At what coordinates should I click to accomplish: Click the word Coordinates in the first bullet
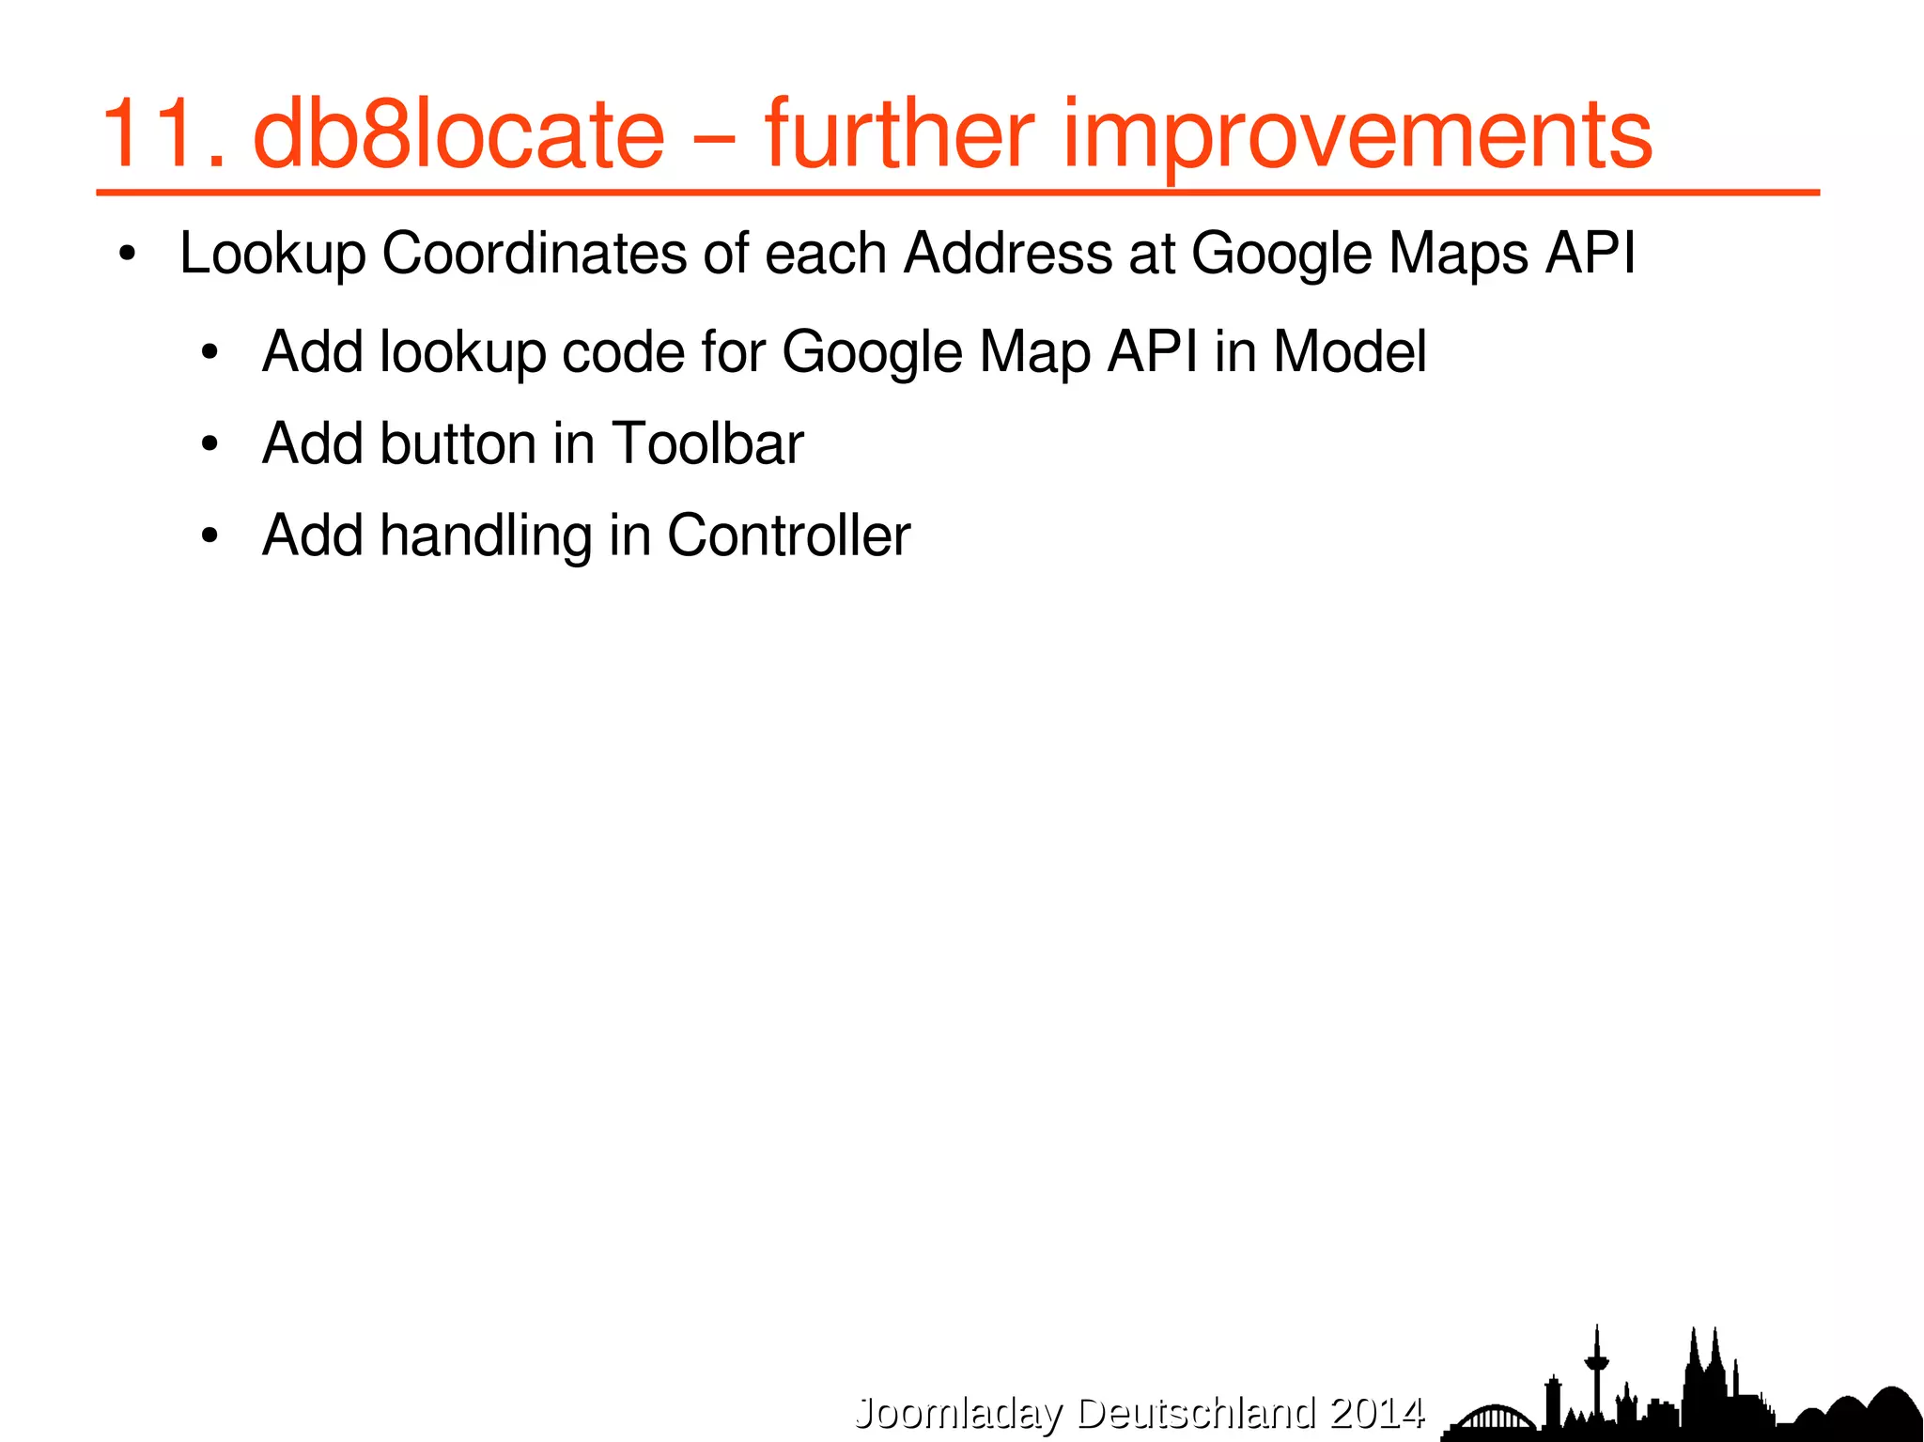(534, 254)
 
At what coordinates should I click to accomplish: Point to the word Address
(1007, 254)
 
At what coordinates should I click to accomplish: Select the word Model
(1349, 352)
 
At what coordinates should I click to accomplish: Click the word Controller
(788, 535)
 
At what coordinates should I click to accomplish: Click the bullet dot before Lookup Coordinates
(129, 256)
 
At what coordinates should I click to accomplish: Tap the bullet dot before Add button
(209, 444)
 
